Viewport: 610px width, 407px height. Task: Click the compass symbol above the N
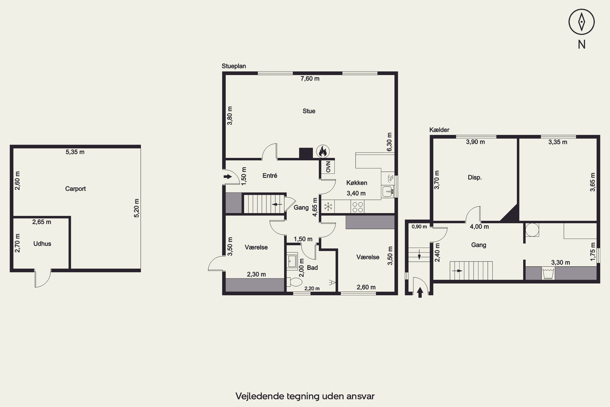tap(582, 22)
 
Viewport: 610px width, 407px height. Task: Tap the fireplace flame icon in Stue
tap(323, 151)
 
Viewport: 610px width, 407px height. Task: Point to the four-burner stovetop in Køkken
tap(357, 207)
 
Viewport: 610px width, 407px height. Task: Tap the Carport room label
tap(75, 189)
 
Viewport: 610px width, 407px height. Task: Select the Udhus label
tap(42, 244)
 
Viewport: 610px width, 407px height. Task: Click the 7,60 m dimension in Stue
tap(310, 79)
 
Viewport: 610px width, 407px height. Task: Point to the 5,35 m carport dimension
tap(75, 152)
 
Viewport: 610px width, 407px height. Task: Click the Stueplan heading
tap(234, 66)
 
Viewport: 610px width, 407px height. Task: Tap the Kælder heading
tap(439, 130)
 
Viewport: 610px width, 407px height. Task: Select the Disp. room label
tap(475, 177)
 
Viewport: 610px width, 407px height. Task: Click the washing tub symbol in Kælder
tap(548, 273)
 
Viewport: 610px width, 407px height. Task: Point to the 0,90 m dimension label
tap(419, 227)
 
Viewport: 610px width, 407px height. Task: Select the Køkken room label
tap(357, 183)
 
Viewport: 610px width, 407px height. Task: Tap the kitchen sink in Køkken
tap(388, 191)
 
